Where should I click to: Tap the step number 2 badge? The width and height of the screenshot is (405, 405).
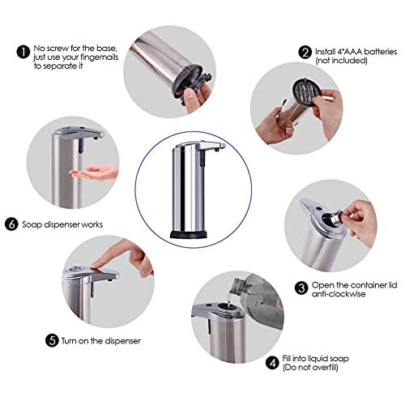[x=305, y=51]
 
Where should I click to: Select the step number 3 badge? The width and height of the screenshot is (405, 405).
[x=301, y=287]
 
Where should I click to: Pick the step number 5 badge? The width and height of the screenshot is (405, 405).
[x=53, y=341]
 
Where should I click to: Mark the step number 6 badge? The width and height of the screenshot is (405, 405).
[x=11, y=224]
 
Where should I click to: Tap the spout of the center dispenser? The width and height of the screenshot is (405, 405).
[x=213, y=147]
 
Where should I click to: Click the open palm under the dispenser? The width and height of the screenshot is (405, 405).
[x=94, y=173]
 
